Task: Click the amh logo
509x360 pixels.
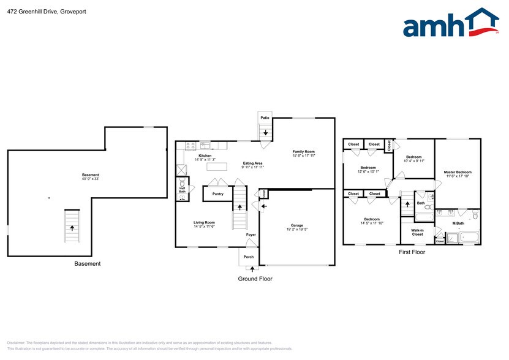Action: click(450, 24)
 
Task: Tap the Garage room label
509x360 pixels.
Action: click(297, 225)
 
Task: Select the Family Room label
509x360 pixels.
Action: click(303, 151)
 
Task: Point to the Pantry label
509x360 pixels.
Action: click(218, 194)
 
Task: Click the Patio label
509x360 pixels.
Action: click(265, 118)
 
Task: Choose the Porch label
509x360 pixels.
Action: click(249, 257)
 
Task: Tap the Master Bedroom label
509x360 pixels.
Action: click(458, 172)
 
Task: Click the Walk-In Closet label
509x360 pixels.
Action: click(417, 232)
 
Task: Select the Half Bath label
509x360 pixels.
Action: click(182, 190)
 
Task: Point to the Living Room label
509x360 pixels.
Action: click(205, 223)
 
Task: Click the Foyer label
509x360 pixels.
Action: click(251, 234)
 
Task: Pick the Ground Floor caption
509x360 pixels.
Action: click(255, 279)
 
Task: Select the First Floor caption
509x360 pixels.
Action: click(412, 252)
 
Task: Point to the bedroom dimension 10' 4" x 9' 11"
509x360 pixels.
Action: click(414, 161)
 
